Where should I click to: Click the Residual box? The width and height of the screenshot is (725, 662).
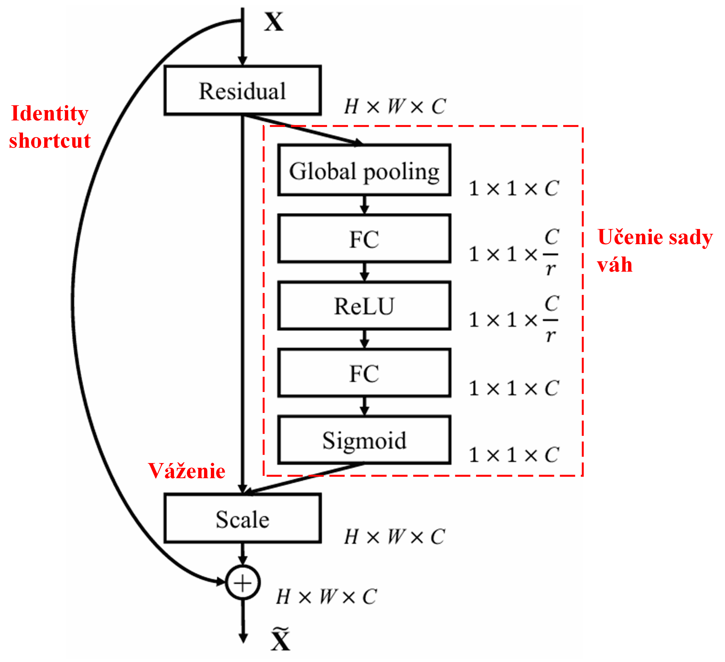tap(242, 91)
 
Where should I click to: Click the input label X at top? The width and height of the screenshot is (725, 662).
tap(274, 21)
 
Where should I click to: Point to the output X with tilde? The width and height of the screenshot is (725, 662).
tap(280, 639)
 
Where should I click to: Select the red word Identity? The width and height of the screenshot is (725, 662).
tap(50, 114)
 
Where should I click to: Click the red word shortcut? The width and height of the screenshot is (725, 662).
tap(50, 141)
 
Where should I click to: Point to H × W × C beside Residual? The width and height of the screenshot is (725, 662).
tap(395, 107)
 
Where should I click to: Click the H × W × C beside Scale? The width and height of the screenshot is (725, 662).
tap(395, 537)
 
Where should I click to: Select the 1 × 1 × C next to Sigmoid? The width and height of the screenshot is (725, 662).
tap(514, 455)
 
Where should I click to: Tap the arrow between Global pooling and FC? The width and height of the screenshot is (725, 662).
tap(364, 205)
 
